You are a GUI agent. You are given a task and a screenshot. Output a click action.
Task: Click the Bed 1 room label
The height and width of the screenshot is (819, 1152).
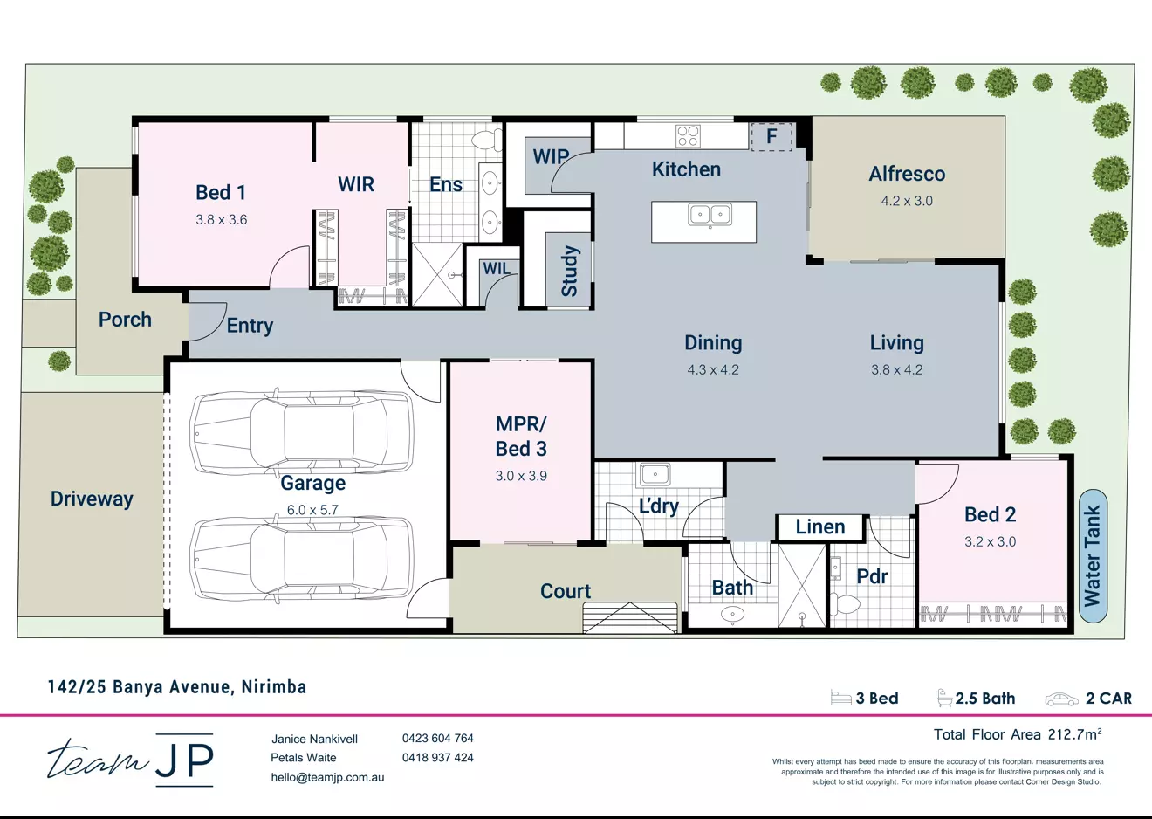pyautogui.click(x=220, y=193)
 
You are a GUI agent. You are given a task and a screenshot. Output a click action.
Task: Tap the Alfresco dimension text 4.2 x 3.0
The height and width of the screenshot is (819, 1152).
pyautogui.click(x=907, y=201)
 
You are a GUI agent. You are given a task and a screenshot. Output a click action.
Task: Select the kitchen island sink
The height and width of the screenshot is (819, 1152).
pyautogui.click(x=710, y=214)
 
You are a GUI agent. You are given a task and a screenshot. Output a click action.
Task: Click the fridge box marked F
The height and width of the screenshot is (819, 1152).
pyautogui.click(x=771, y=136)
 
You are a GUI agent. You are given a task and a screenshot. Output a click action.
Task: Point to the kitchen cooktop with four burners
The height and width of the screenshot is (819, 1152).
pyautogui.click(x=688, y=135)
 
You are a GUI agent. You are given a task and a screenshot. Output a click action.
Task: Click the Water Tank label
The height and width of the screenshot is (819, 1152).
pyautogui.click(x=1092, y=555)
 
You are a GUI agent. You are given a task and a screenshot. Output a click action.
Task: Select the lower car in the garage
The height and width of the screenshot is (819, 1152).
pyautogui.click(x=302, y=558)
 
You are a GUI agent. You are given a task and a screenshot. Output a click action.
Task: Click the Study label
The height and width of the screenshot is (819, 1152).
pyautogui.click(x=569, y=271)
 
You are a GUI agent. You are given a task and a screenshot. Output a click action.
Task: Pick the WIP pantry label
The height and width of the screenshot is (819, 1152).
pyautogui.click(x=551, y=157)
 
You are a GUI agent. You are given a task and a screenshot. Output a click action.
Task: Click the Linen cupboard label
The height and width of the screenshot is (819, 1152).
pyautogui.click(x=820, y=526)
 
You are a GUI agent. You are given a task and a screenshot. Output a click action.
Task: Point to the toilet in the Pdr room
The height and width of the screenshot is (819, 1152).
pyautogui.click(x=845, y=603)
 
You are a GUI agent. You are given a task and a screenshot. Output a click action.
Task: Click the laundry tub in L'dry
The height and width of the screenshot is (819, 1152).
pyautogui.click(x=655, y=474)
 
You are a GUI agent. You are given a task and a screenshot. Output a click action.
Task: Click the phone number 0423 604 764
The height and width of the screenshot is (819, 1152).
pyautogui.click(x=437, y=738)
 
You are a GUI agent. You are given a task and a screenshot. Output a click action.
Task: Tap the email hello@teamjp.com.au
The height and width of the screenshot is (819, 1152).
pyautogui.click(x=327, y=777)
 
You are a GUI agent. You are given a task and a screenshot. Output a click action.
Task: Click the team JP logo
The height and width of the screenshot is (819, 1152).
pyautogui.click(x=130, y=759)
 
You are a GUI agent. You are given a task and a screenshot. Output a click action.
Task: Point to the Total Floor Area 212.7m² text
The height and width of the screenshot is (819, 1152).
pyautogui.click(x=1018, y=734)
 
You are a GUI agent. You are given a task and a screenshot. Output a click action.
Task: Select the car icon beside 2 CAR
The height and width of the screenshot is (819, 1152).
pyautogui.click(x=1061, y=699)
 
